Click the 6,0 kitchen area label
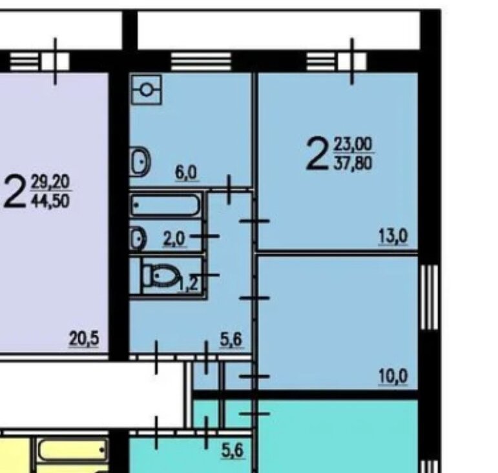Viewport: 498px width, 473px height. [x=186, y=173]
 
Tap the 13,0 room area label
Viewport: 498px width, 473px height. [x=393, y=237]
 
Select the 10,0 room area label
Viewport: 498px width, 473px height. [x=393, y=377]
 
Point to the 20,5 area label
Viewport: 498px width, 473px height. [x=84, y=339]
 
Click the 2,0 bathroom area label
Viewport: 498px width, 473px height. [x=174, y=239]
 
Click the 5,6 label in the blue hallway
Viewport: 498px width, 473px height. [x=231, y=340]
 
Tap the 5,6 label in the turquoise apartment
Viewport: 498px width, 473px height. [x=232, y=450]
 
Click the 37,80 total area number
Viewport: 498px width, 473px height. [x=353, y=164]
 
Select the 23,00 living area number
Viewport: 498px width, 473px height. [x=353, y=145]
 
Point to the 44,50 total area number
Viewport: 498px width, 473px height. [x=50, y=201]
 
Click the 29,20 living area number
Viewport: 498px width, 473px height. [x=50, y=183]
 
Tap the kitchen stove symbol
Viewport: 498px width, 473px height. [x=147, y=90]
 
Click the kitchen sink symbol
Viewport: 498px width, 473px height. [x=140, y=161]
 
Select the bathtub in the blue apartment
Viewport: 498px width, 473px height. [x=165, y=205]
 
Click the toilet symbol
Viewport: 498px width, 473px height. [x=162, y=276]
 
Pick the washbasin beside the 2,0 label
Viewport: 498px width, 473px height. [x=138, y=238]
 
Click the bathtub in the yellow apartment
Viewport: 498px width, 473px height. [x=73, y=450]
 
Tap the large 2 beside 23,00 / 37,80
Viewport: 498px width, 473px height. [x=317, y=154]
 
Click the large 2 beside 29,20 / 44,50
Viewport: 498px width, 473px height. [x=14, y=192]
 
